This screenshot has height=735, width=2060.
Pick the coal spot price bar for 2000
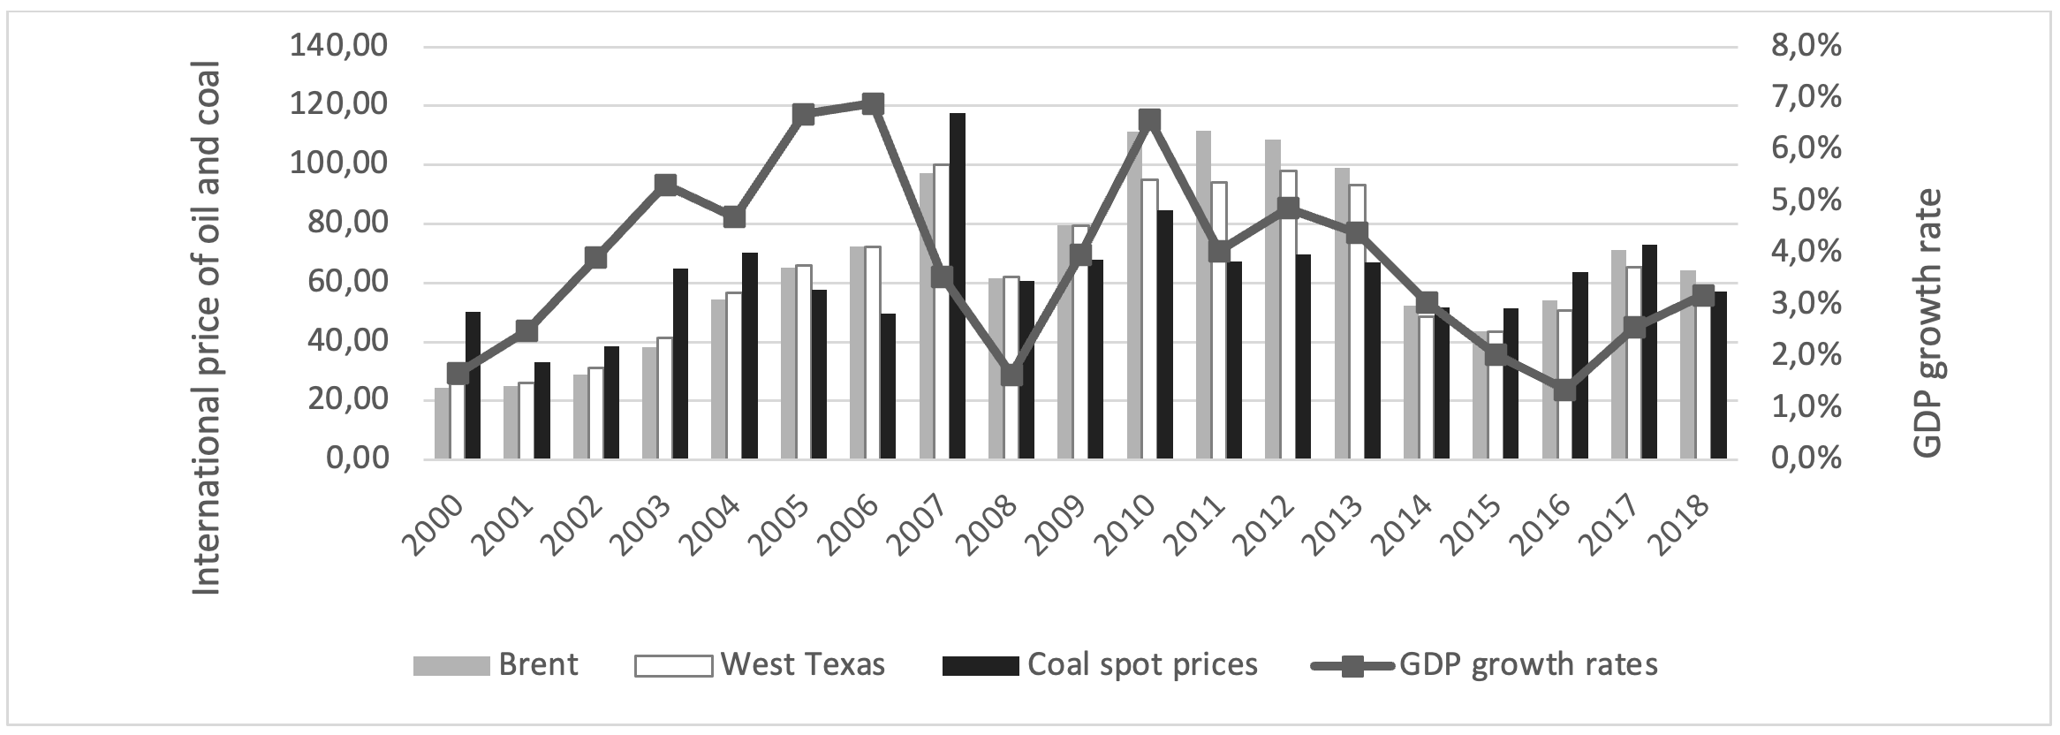click(473, 385)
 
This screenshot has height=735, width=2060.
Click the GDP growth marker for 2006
click(873, 105)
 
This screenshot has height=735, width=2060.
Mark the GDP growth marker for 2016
click(1564, 390)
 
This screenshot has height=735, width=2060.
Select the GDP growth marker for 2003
click(666, 185)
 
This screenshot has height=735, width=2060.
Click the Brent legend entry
click(496, 664)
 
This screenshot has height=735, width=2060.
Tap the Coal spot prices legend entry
click(1101, 664)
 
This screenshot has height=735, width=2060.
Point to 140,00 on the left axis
click(338, 46)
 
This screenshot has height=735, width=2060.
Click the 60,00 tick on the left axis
click(345, 283)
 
